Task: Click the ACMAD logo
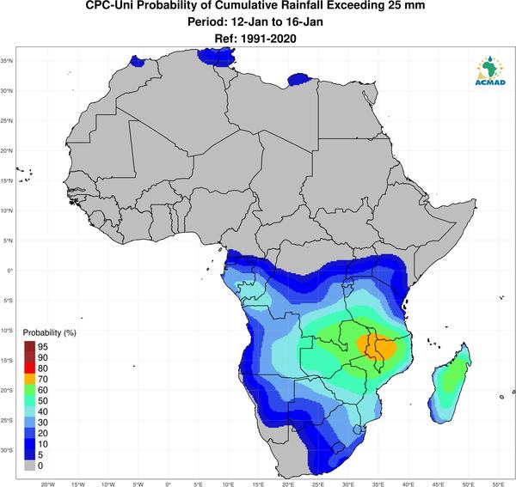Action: tap(490, 70)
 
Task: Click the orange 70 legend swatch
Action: tap(29, 380)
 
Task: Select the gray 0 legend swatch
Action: tap(29, 466)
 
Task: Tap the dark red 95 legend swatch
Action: tap(29, 347)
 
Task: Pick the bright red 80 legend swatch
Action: tap(29, 368)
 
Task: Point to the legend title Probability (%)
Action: tap(49, 333)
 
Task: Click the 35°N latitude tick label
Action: tap(7, 61)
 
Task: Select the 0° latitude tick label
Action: tap(10, 271)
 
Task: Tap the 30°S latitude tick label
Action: tap(7, 450)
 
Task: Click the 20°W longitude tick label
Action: tap(48, 484)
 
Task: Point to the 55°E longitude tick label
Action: tap(499, 484)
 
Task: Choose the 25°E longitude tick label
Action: tap(318, 484)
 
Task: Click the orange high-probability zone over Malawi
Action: tap(378, 348)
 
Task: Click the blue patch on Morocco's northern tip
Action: tap(137, 61)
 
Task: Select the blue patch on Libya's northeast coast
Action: tap(298, 80)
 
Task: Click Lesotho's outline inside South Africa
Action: tap(338, 447)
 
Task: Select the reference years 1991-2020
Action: tap(268, 39)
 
